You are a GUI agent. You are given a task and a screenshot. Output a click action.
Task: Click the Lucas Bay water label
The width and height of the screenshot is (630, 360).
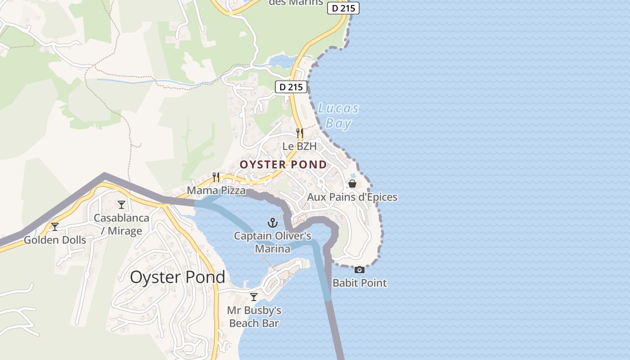(x=338, y=116)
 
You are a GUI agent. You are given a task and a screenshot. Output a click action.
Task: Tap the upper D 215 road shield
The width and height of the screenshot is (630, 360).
(x=343, y=8)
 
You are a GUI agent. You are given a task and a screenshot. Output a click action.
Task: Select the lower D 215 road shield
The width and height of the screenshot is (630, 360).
(x=291, y=87)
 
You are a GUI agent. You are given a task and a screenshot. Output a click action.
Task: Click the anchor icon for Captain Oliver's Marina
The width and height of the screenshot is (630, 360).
(x=272, y=222)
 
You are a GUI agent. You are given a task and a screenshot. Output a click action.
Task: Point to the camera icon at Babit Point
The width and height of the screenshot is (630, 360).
(x=359, y=270)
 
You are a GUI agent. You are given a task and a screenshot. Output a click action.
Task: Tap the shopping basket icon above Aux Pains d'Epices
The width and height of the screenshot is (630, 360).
(x=352, y=184)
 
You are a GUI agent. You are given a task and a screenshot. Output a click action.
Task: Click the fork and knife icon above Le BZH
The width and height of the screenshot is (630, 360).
(x=299, y=133)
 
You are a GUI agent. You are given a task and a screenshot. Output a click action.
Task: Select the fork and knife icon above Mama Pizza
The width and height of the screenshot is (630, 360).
(x=216, y=177)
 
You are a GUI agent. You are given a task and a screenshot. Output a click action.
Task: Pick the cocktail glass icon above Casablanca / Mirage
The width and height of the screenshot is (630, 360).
(x=121, y=205)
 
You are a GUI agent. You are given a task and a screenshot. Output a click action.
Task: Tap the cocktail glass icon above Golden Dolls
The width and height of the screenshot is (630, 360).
(x=54, y=226)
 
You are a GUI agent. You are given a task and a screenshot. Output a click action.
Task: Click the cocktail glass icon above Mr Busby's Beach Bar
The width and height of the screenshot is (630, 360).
(x=254, y=297)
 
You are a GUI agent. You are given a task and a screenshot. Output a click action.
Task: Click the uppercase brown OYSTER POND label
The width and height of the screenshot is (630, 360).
(x=283, y=165)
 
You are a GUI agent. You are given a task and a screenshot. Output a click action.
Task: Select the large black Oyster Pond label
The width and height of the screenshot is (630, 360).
(x=177, y=277)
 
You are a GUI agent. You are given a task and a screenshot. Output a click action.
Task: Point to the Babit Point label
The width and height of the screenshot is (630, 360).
(x=360, y=283)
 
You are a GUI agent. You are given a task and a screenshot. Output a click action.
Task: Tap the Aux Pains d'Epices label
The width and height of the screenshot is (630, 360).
(x=352, y=197)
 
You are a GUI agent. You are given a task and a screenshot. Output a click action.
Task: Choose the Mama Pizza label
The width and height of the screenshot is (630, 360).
(x=216, y=191)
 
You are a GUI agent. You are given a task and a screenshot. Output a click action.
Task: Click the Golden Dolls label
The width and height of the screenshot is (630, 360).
(x=54, y=240)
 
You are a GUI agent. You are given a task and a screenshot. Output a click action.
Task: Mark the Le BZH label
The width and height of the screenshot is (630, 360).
(x=299, y=146)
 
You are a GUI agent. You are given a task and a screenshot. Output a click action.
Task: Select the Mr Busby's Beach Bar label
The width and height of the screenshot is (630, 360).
(x=254, y=317)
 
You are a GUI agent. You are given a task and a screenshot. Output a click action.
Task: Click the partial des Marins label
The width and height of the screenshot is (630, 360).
(x=296, y=3)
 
